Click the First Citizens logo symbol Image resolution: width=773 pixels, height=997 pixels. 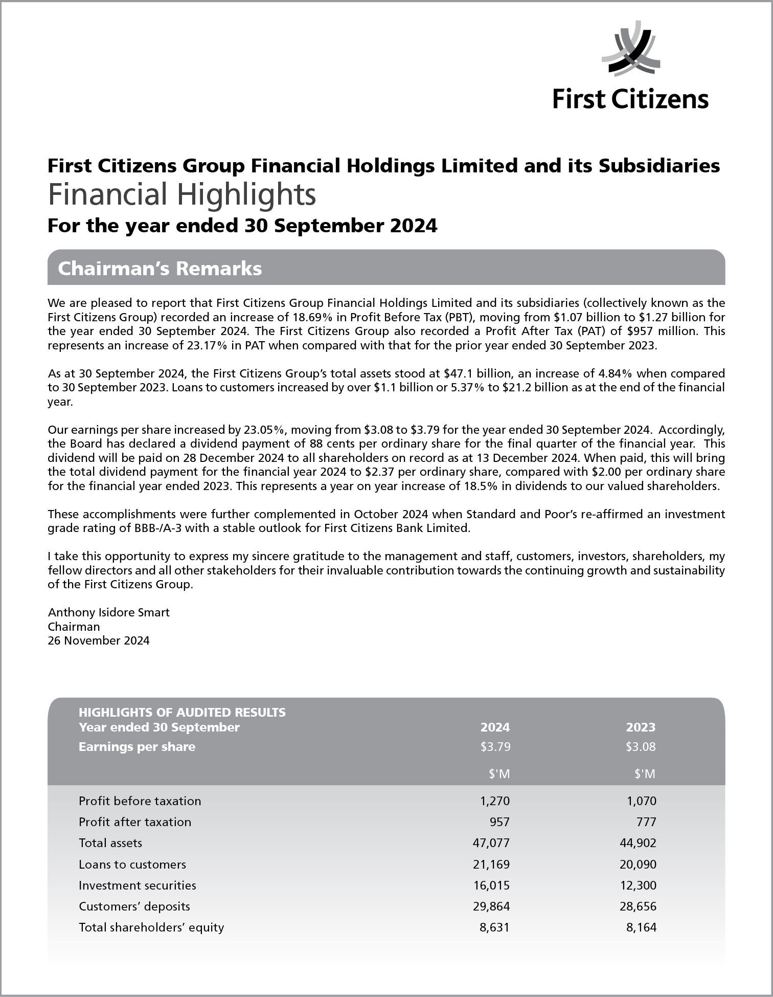click(631, 50)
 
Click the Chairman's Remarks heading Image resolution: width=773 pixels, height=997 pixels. click(160, 269)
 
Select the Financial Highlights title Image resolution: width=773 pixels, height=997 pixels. click(181, 195)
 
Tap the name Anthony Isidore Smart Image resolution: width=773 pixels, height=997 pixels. click(108, 612)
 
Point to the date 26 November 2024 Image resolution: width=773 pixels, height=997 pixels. click(99, 640)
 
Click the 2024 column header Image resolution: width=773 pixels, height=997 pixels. click(495, 727)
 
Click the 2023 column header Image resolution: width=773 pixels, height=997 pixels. click(641, 727)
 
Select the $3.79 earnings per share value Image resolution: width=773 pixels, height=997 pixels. click(495, 747)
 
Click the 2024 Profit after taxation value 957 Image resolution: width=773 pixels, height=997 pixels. click(499, 822)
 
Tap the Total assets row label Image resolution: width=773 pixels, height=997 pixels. click(110, 843)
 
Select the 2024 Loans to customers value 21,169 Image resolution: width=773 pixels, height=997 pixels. click(491, 865)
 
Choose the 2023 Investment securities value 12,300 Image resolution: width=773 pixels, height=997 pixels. click(638, 885)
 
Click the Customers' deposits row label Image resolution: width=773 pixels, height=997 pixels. click(134, 906)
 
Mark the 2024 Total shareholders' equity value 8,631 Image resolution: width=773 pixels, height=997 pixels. click(494, 927)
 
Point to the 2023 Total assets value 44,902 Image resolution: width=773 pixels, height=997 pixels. click(638, 843)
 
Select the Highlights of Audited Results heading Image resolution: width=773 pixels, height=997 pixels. click(182, 712)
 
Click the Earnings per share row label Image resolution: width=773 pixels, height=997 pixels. click(137, 747)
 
